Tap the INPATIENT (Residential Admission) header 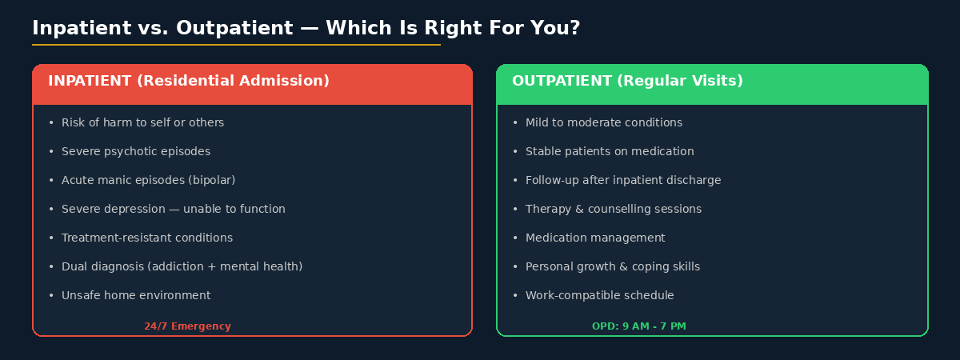point(189,82)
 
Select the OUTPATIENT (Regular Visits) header point(627,82)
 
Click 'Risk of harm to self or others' point(142,122)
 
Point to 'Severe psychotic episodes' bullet point(136,151)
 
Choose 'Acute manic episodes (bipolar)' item point(148,180)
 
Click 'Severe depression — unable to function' point(173,209)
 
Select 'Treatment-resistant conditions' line point(147,238)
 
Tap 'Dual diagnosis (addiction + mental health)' point(182,266)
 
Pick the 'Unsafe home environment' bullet point(136,295)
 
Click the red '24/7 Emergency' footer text point(187,326)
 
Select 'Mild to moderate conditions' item point(603,122)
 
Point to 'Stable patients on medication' point(610,151)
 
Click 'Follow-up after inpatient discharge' point(622,180)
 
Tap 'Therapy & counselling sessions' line point(613,209)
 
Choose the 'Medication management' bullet point(594,238)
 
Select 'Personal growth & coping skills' point(612,266)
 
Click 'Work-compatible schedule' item point(599,295)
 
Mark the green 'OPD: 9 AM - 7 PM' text point(638,326)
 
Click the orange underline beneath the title point(236,45)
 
